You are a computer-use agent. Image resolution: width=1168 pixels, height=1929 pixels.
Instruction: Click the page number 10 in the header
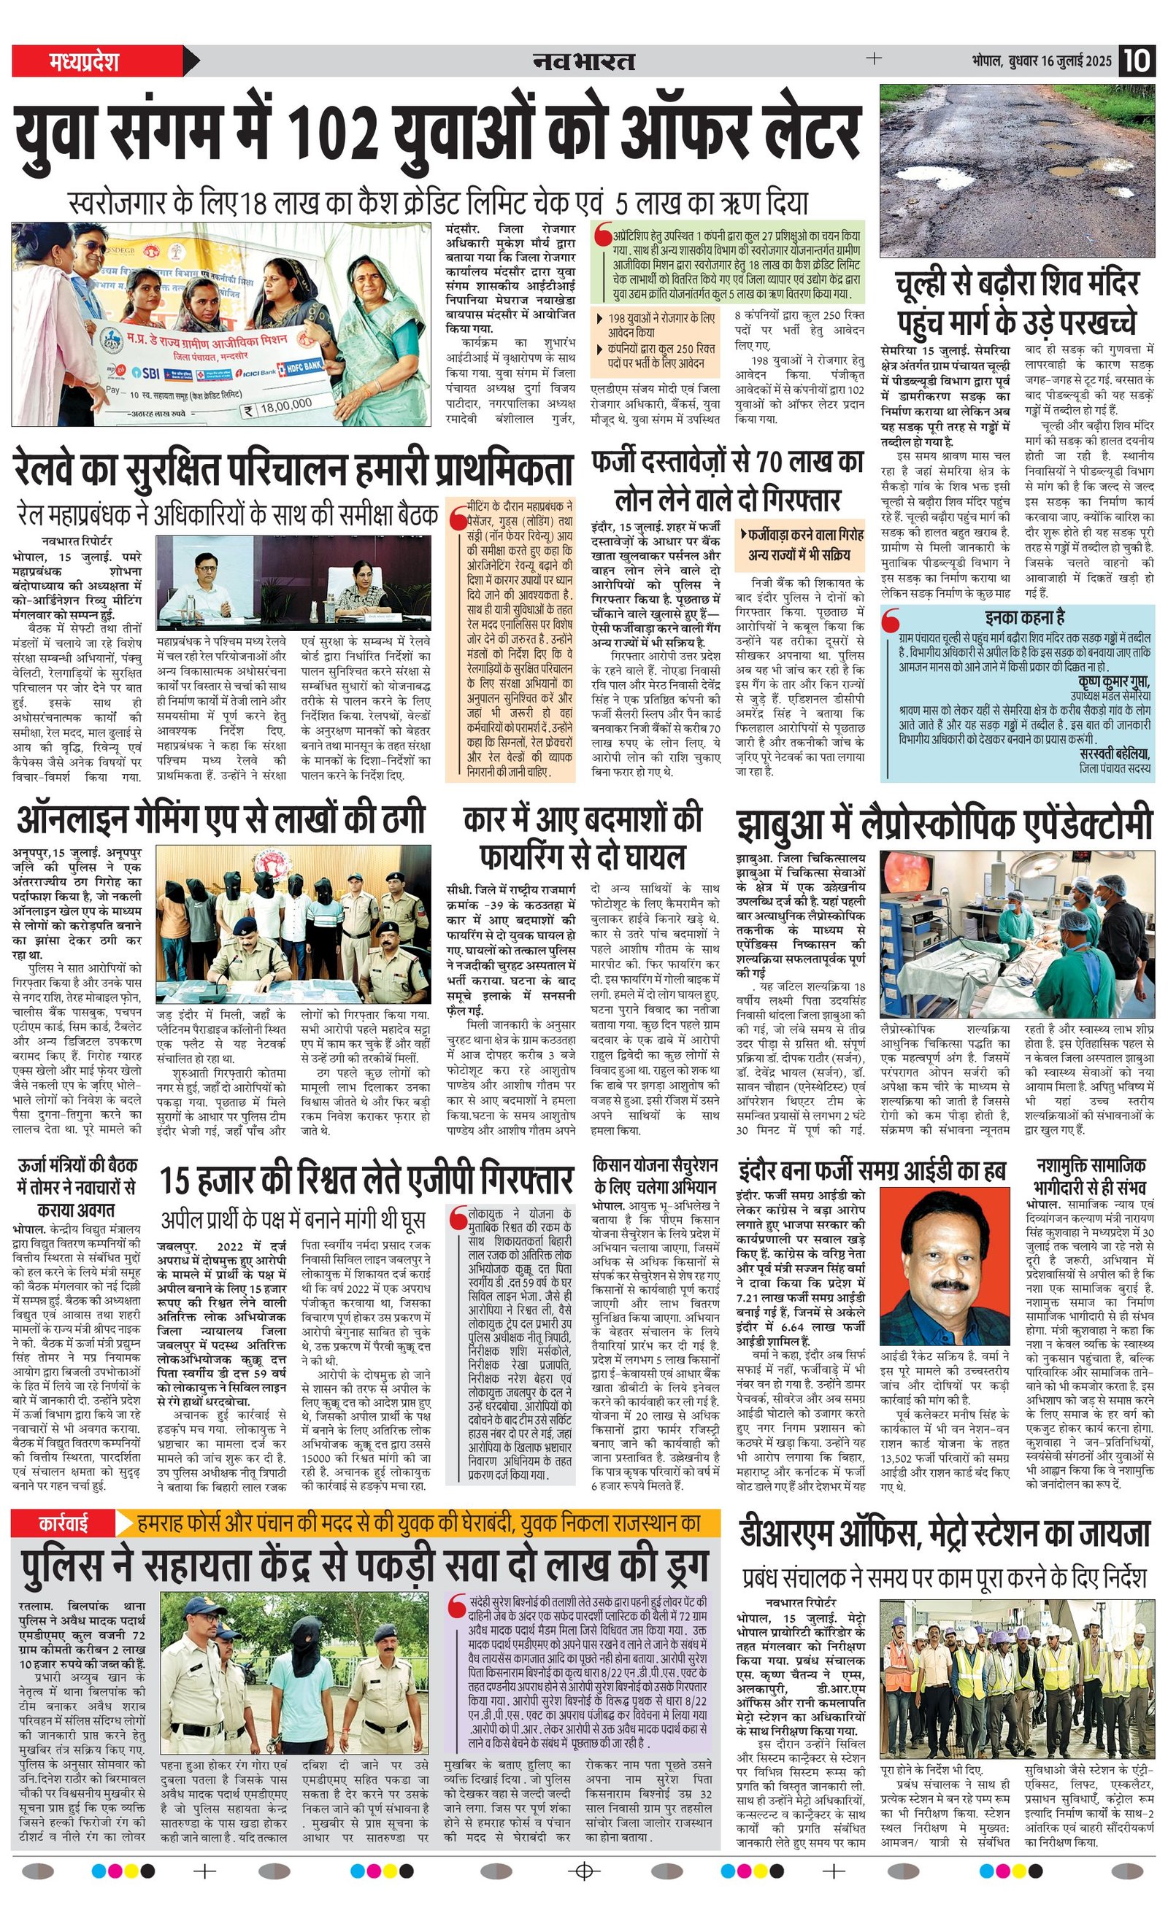point(1136,61)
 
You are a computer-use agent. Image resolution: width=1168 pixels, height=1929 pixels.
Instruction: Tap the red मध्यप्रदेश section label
point(84,61)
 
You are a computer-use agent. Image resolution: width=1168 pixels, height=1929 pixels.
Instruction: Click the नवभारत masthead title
point(583,61)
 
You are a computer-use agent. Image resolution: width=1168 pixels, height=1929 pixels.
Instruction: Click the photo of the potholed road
point(1017,170)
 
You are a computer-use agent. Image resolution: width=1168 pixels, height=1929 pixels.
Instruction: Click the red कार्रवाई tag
point(64,1523)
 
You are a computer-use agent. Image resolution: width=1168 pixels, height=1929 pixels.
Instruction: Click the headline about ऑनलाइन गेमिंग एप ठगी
point(221,818)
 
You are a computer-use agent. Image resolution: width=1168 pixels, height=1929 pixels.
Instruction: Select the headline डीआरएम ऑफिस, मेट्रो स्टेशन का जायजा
point(945,1532)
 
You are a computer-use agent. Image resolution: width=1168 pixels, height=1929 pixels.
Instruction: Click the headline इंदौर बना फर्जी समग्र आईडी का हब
point(872,1170)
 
